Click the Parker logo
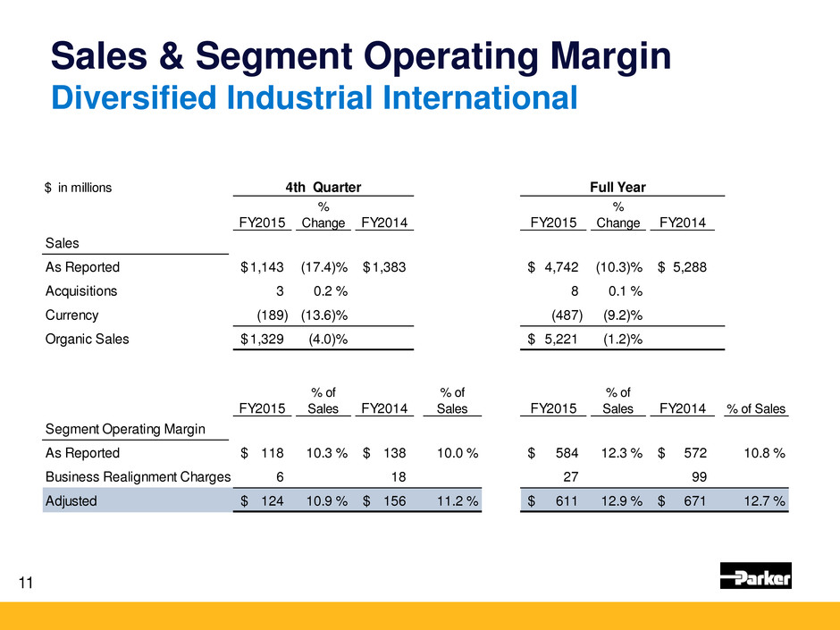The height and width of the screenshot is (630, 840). [x=755, y=576]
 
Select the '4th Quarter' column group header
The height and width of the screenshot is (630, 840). [x=323, y=187]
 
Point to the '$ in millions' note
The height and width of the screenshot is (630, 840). [x=79, y=188]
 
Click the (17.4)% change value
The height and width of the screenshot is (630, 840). [x=323, y=267]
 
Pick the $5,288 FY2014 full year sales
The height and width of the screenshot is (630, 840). [x=685, y=267]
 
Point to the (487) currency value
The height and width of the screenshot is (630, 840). [x=566, y=315]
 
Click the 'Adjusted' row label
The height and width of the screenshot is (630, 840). [x=71, y=501]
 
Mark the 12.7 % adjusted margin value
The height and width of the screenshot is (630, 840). [x=762, y=501]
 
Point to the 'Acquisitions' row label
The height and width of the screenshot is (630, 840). [x=80, y=291]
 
